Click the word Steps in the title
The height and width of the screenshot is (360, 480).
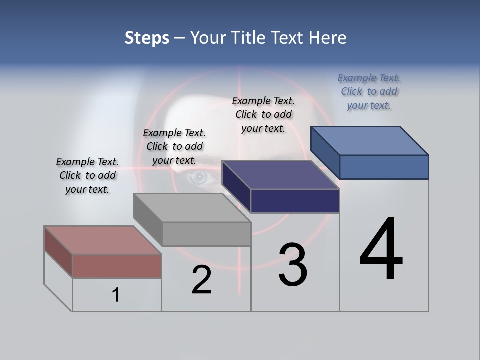tap(147, 38)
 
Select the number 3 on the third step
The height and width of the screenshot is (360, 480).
tap(293, 265)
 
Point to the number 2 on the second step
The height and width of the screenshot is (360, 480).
tap(202, 280)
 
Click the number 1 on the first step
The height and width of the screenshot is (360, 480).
tap(116, 295)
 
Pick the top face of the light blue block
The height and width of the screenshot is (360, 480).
tap(370, 141)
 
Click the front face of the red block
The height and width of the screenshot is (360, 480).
tap(117, 266)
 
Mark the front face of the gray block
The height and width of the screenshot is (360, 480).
tap(206, 234)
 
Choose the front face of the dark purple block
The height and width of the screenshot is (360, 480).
tap(295, 201)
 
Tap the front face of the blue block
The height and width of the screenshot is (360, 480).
tap(384, 167)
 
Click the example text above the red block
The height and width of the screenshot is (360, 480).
tap(87, 175)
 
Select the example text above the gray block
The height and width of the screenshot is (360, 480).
tap(174, 146)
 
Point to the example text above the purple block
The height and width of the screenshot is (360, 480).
tap(263, 114)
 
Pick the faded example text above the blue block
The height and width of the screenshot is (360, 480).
tap(369, 91)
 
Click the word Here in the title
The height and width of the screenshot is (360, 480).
tap(328, 38)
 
